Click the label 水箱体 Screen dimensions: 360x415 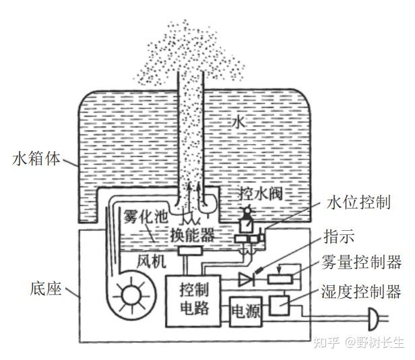pos(37,160)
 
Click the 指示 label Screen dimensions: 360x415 pos(339,238)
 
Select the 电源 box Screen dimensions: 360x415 pos(245,312)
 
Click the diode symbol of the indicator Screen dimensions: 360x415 pos(245,277)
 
